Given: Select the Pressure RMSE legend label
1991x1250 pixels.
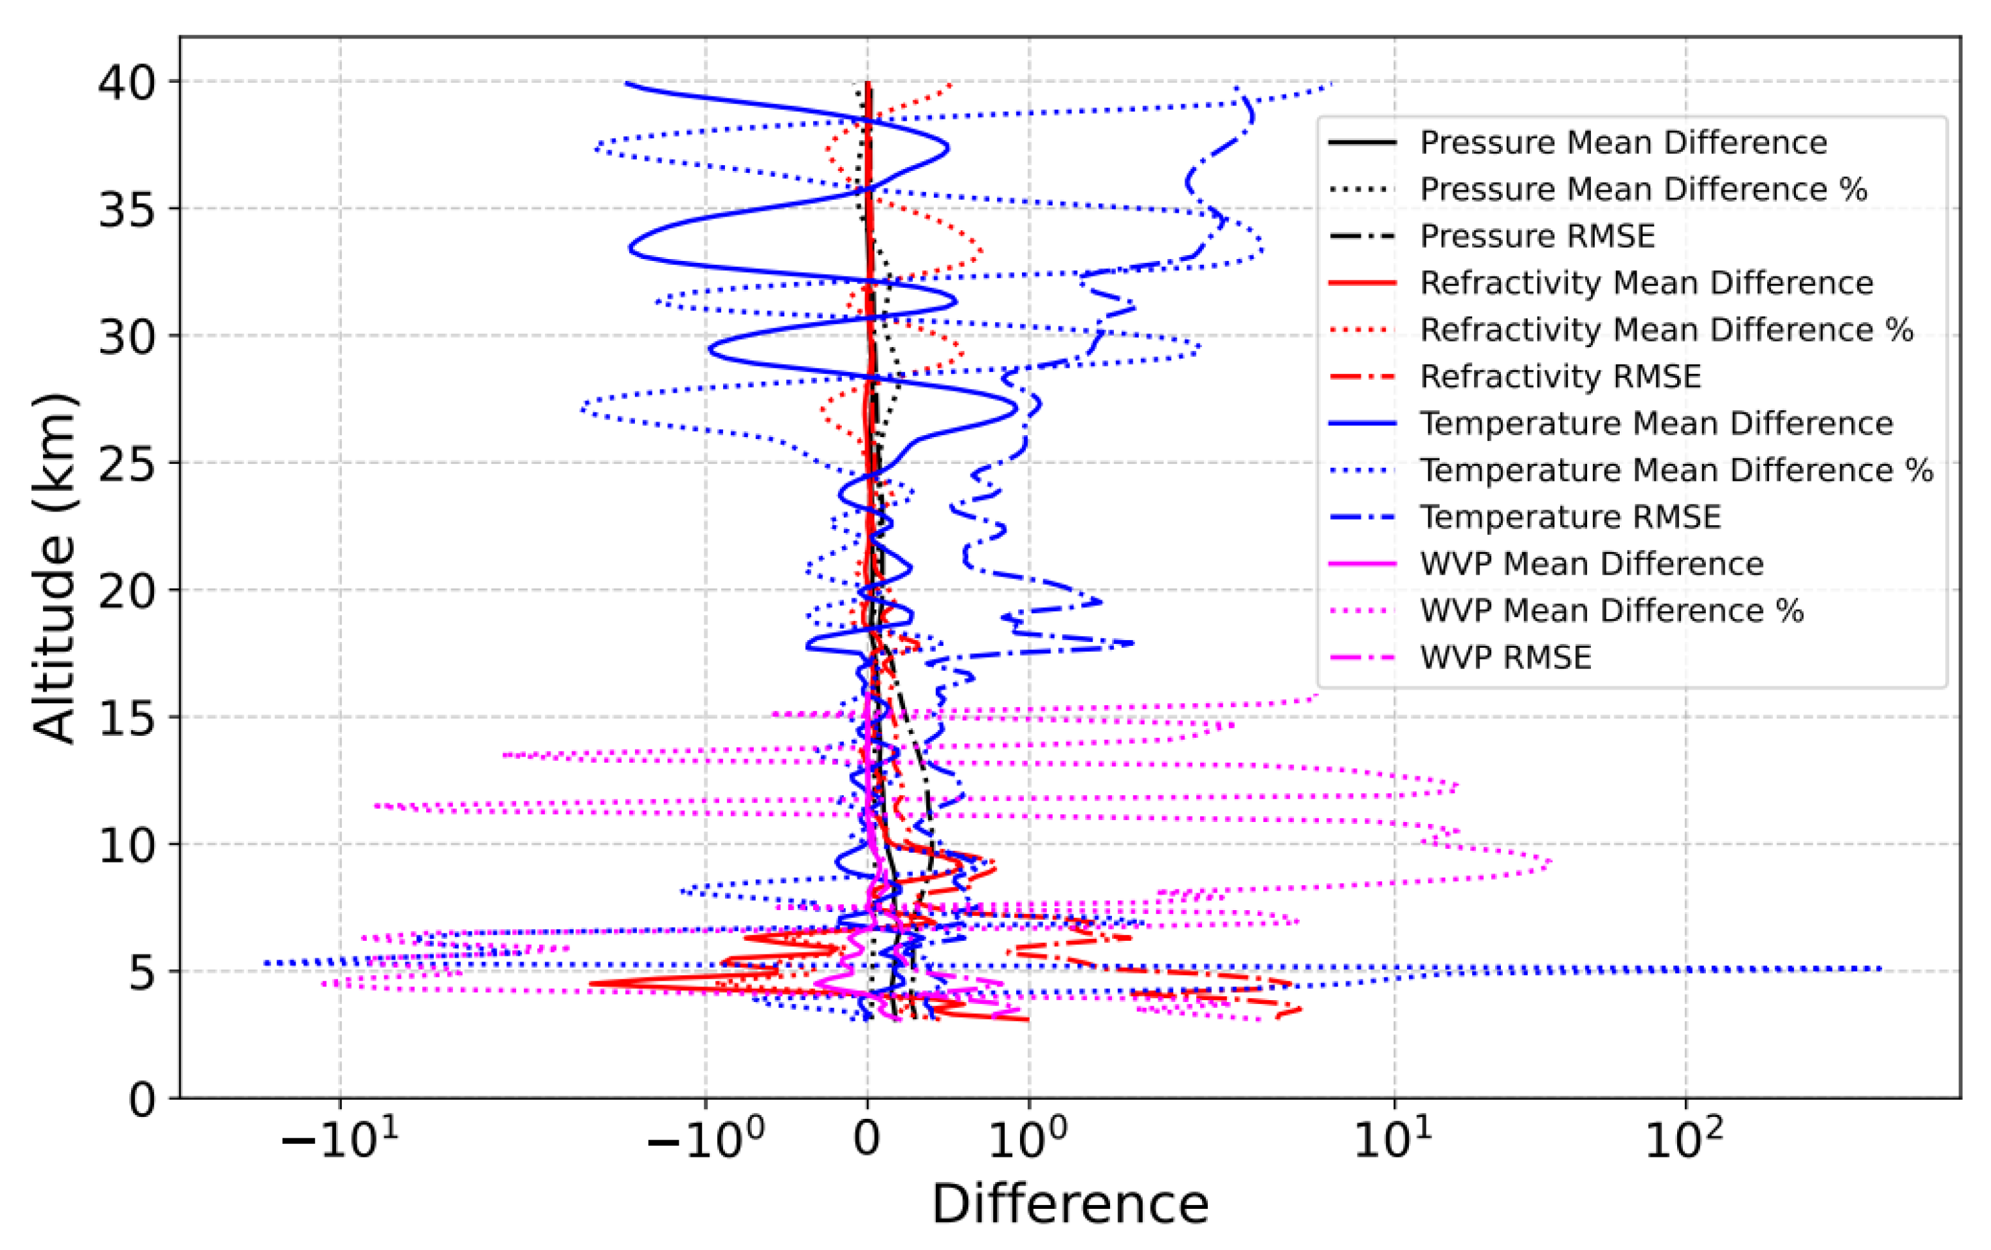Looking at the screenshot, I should pyautogui.click(x=1537, y=236).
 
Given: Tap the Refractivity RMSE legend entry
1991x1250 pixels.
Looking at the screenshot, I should pyautogui.click(x=1560, y=377).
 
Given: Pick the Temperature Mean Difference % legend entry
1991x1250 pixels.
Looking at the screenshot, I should pyautogui.click(x=1676, y=470).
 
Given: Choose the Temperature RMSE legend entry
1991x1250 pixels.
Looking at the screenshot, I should pyautogui.click(x=1570, y=517).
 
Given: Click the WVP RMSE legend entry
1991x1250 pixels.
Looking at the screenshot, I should pyautogui.click(x=1505, y=658).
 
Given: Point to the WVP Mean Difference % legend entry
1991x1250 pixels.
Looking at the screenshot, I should pyautogui.click(x=1611, y=611).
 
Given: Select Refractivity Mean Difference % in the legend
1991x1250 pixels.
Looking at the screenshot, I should pyautogui.click(x=1666, y=330).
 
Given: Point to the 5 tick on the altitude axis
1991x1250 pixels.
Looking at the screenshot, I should pyautogui.click(x=142, y=973).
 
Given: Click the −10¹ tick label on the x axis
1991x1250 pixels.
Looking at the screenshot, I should pyautogui.click(x=340, y=1142).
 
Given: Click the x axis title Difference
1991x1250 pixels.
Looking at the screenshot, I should pyautogui.click(x=1070, y=1204).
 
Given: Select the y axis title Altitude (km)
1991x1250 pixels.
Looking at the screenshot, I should pyautogui.click(x=55, y=568).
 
